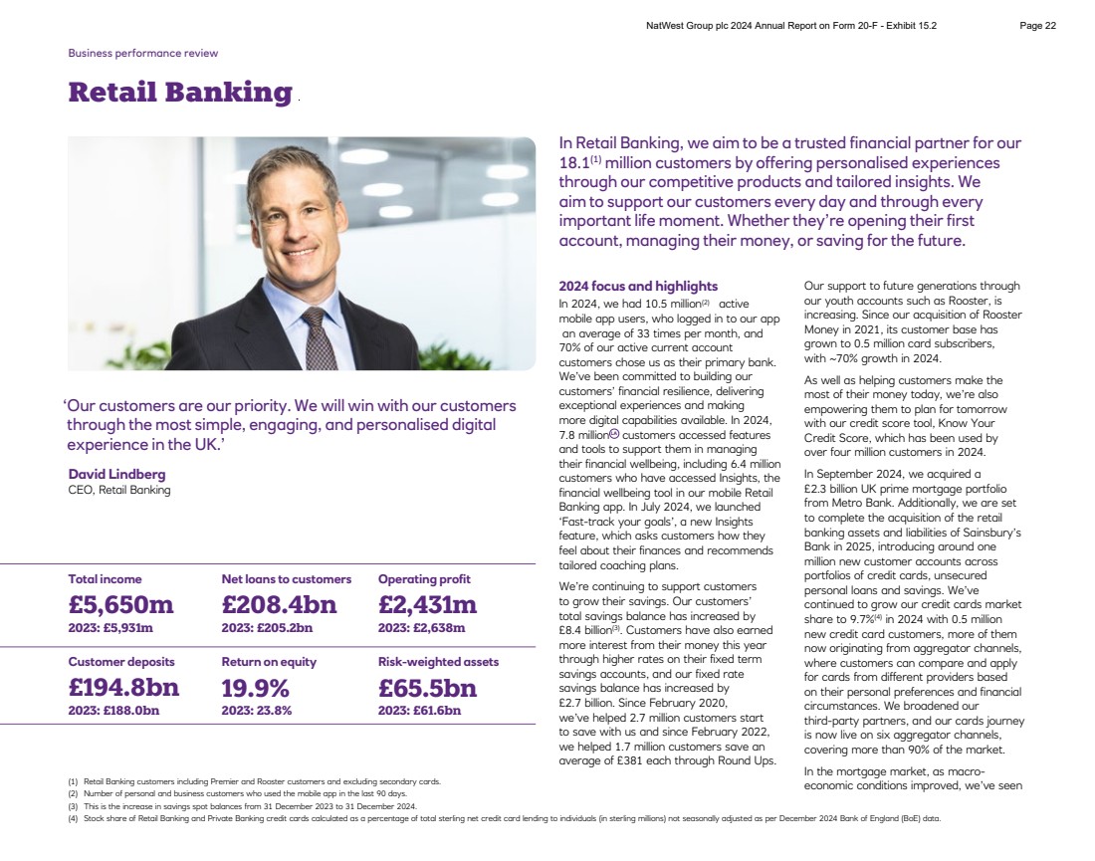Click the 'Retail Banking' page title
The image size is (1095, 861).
[x=180, y=93]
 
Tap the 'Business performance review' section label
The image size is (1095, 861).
[x=142, y=53]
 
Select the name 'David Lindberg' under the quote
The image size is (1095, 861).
[x=116, y=474]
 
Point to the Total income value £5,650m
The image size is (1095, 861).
[x=120, y=604]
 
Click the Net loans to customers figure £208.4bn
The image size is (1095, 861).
[x=279, y=604]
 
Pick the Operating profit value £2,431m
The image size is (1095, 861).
[x=427, y=604]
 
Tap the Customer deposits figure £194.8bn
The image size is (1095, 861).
[x=123, y=688]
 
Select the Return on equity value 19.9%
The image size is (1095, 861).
[x=256, y=688]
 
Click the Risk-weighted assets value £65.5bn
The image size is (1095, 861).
[x=427, y=688]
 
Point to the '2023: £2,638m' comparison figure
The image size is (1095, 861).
[x=421, y=628]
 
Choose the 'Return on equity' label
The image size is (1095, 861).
[x=269, y=662]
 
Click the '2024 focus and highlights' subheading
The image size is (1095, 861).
[x=638, y=287]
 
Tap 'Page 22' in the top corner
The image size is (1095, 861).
[x=1038, y=26]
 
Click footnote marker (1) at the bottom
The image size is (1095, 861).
[x=73, y=782]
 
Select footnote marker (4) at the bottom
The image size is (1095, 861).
[x=73, y=818]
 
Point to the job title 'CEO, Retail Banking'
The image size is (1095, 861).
[x=119, y=490]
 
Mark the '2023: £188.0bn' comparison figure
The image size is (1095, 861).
[x=113, y=711]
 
